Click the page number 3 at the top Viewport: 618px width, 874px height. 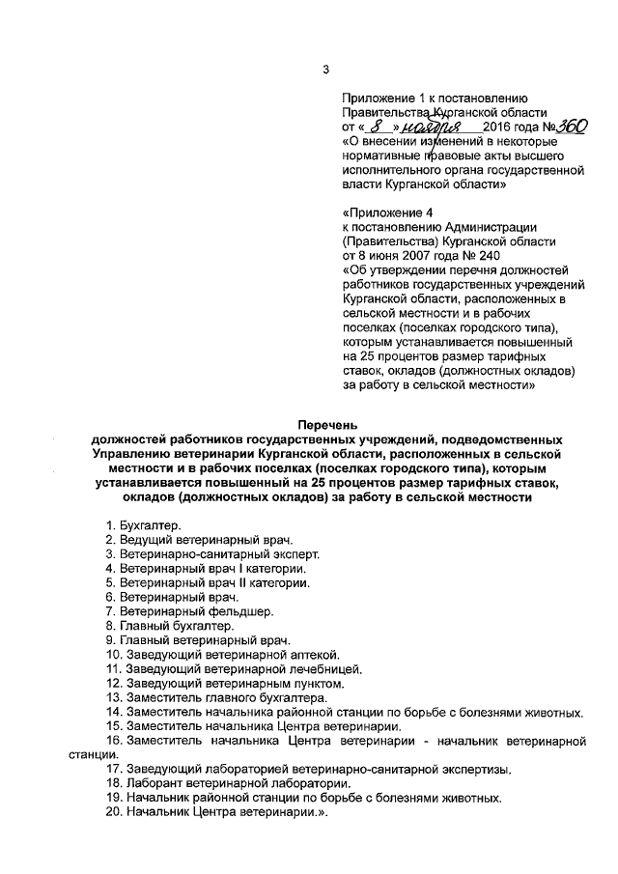pos(325,69)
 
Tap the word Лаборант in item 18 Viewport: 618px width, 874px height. pos(154,784)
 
